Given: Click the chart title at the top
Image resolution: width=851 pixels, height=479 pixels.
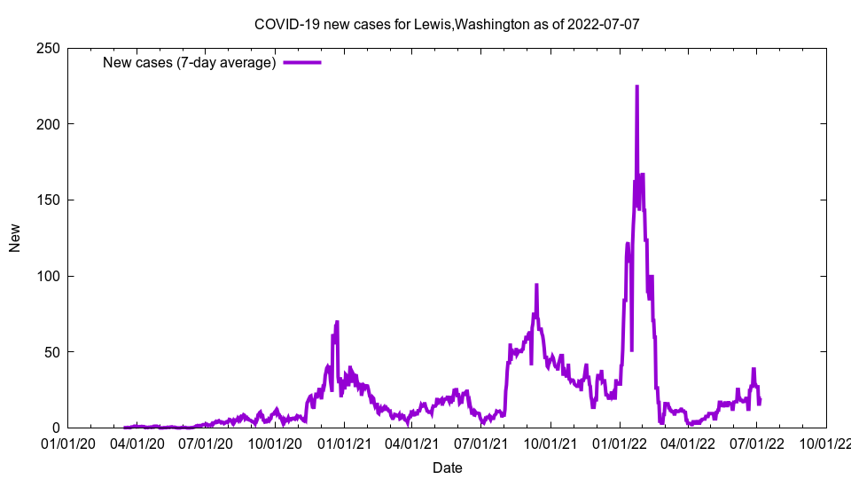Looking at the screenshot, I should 447,24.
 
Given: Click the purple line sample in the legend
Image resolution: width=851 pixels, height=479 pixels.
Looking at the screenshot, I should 302,62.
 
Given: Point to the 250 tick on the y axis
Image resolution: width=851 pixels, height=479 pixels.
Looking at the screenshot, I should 49,48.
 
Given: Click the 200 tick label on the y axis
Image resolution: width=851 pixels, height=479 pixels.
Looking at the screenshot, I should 49,124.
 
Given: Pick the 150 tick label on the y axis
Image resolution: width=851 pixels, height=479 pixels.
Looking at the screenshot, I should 49,200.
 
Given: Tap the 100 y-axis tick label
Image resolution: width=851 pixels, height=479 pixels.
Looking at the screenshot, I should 49,276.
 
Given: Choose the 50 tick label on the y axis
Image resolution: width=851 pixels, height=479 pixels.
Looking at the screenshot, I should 52,352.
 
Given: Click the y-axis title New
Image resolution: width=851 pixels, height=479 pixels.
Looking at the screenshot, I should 15,238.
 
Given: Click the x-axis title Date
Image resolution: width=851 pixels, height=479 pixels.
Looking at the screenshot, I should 447,467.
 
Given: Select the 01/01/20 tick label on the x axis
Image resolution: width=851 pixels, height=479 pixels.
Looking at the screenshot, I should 69,443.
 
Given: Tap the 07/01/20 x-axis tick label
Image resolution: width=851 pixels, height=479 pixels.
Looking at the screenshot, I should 207,443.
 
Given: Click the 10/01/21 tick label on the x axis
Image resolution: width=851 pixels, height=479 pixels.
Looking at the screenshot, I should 550,443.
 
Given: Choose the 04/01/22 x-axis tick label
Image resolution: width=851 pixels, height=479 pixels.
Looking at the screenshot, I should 688,443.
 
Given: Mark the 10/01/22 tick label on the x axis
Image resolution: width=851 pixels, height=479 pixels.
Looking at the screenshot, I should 825,443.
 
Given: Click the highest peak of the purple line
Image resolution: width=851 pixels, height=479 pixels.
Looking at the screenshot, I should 636,87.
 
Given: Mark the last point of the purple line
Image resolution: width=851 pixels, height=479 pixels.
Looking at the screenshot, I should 760,401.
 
